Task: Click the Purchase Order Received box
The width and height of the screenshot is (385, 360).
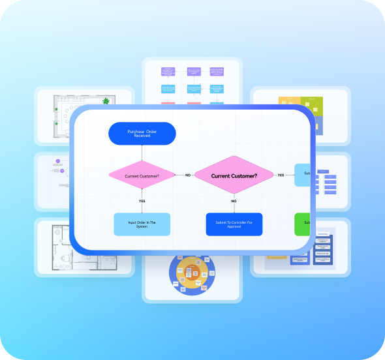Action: (x=142, y=133)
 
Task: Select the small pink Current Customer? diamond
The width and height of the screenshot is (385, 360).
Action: (x=142, y=175)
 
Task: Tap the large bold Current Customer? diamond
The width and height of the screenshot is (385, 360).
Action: (x=234, y=175)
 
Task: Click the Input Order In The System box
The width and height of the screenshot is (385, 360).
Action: (x=142, y=224)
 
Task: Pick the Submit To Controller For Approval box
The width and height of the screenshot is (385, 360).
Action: (x=234, y=224)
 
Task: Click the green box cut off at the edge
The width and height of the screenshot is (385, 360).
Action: (x=302, y=224)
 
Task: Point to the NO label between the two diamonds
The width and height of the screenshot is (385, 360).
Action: (x=188, y=175)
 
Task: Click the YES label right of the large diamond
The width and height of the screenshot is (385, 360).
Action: (x=281, y=175)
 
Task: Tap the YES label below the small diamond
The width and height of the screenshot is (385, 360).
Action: (x=142, y=200)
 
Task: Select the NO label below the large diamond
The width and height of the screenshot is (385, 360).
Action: (x=234, y=201)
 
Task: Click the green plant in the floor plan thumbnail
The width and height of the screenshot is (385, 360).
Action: (x=106, y=101)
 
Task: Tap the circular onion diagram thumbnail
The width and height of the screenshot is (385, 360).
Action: (x=192, y=274)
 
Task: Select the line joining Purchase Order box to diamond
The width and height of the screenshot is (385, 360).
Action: (x=142, y=153)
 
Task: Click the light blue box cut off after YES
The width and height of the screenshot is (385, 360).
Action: (x=302, y=174)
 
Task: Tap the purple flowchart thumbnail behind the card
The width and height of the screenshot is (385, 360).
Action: (x=192, y=82)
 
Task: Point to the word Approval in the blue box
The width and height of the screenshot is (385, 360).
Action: (x=234, y=227)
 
